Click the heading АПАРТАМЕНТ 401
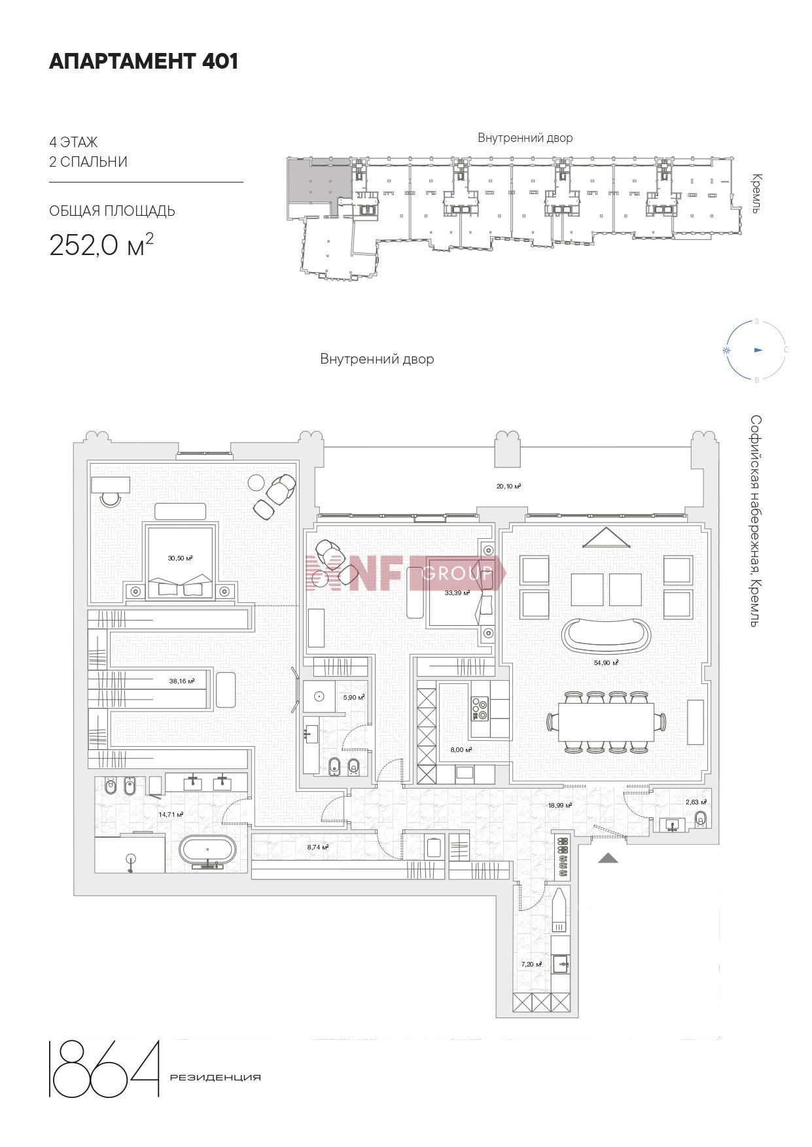click(143, 61)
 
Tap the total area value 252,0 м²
click(101, 245)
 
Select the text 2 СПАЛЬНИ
click(88, 162)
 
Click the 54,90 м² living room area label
click(607, 662)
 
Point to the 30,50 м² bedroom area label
click(180, 558)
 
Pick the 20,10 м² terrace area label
click(508, 486)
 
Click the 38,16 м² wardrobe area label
click(182, 681)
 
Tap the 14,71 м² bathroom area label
click(171, 814)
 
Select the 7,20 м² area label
click(531, 964)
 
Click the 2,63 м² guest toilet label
click(696, 802)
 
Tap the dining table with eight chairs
click(607, 722)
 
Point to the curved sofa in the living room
click(607, 634)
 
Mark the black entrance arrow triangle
click(608, 858)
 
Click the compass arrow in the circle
click(759, 350)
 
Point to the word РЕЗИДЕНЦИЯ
click(215, 1078)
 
